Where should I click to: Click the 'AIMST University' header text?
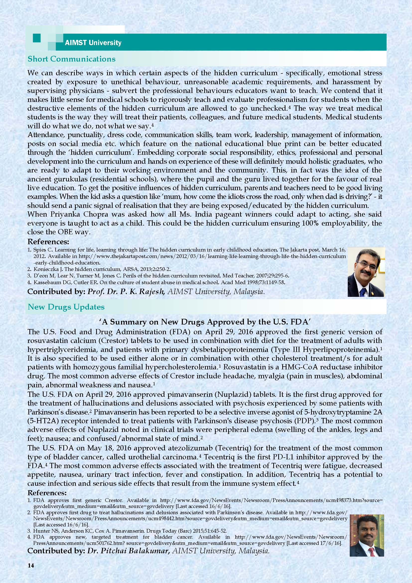point(93,43)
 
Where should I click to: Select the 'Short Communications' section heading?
point(71,59)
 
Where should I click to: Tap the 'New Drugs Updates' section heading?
point(66,307)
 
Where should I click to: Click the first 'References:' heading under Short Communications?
point(48,241)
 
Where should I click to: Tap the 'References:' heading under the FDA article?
point(47,493)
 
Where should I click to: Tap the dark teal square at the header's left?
point(37,38)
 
